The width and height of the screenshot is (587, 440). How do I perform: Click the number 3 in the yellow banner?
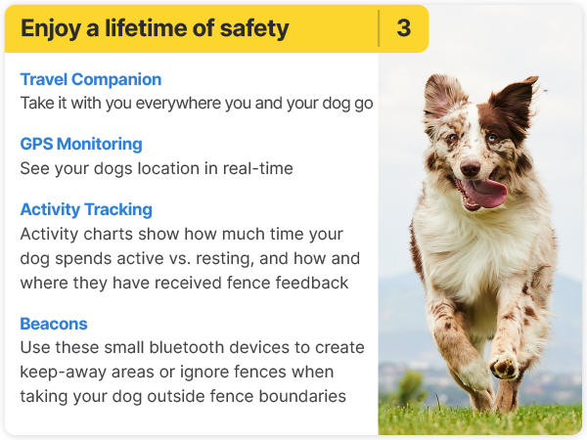pos(403,28)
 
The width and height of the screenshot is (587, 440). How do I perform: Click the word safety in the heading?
pos(254,29)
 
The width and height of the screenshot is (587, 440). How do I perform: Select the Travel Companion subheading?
pos(91,80)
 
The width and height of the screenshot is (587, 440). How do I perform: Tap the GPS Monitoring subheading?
pos(81,144)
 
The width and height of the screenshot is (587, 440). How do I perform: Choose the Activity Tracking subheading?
pos(86,210)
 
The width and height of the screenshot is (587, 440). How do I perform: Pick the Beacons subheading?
pos(54,324)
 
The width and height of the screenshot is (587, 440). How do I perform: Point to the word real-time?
pos(257,168)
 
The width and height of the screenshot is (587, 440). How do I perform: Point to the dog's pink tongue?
pos(486,192)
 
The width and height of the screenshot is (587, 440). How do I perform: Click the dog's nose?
pos(470,167)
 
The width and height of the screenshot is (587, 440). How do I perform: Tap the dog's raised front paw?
pos(504,366)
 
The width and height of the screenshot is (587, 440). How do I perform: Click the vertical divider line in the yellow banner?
pos(379,28)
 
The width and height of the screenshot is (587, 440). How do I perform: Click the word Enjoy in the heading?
pos(51,29)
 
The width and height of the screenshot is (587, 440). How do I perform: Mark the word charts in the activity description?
pos(108,235)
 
